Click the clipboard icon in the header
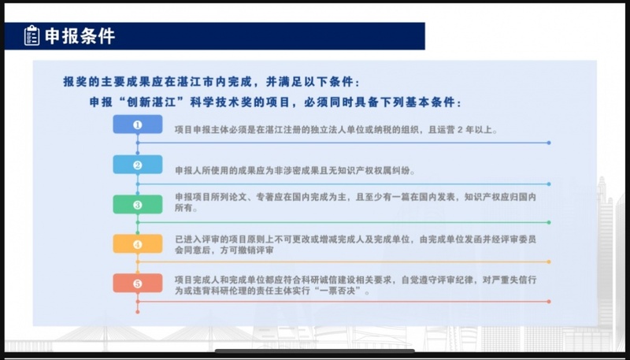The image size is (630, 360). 31,35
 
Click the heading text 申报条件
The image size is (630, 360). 80,36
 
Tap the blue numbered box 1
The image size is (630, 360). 138,124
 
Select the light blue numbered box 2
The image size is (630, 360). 138,165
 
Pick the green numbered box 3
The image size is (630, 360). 138,205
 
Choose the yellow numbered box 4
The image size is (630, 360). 138,244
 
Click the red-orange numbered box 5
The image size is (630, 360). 138,284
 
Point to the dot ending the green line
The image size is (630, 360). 549,222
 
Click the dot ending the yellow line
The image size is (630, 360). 549,262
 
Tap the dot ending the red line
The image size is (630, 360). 549,302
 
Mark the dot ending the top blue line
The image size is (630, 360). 549,143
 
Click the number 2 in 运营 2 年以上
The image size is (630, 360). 460,130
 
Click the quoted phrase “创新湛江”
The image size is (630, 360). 152,102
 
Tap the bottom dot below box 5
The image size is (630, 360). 138,312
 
